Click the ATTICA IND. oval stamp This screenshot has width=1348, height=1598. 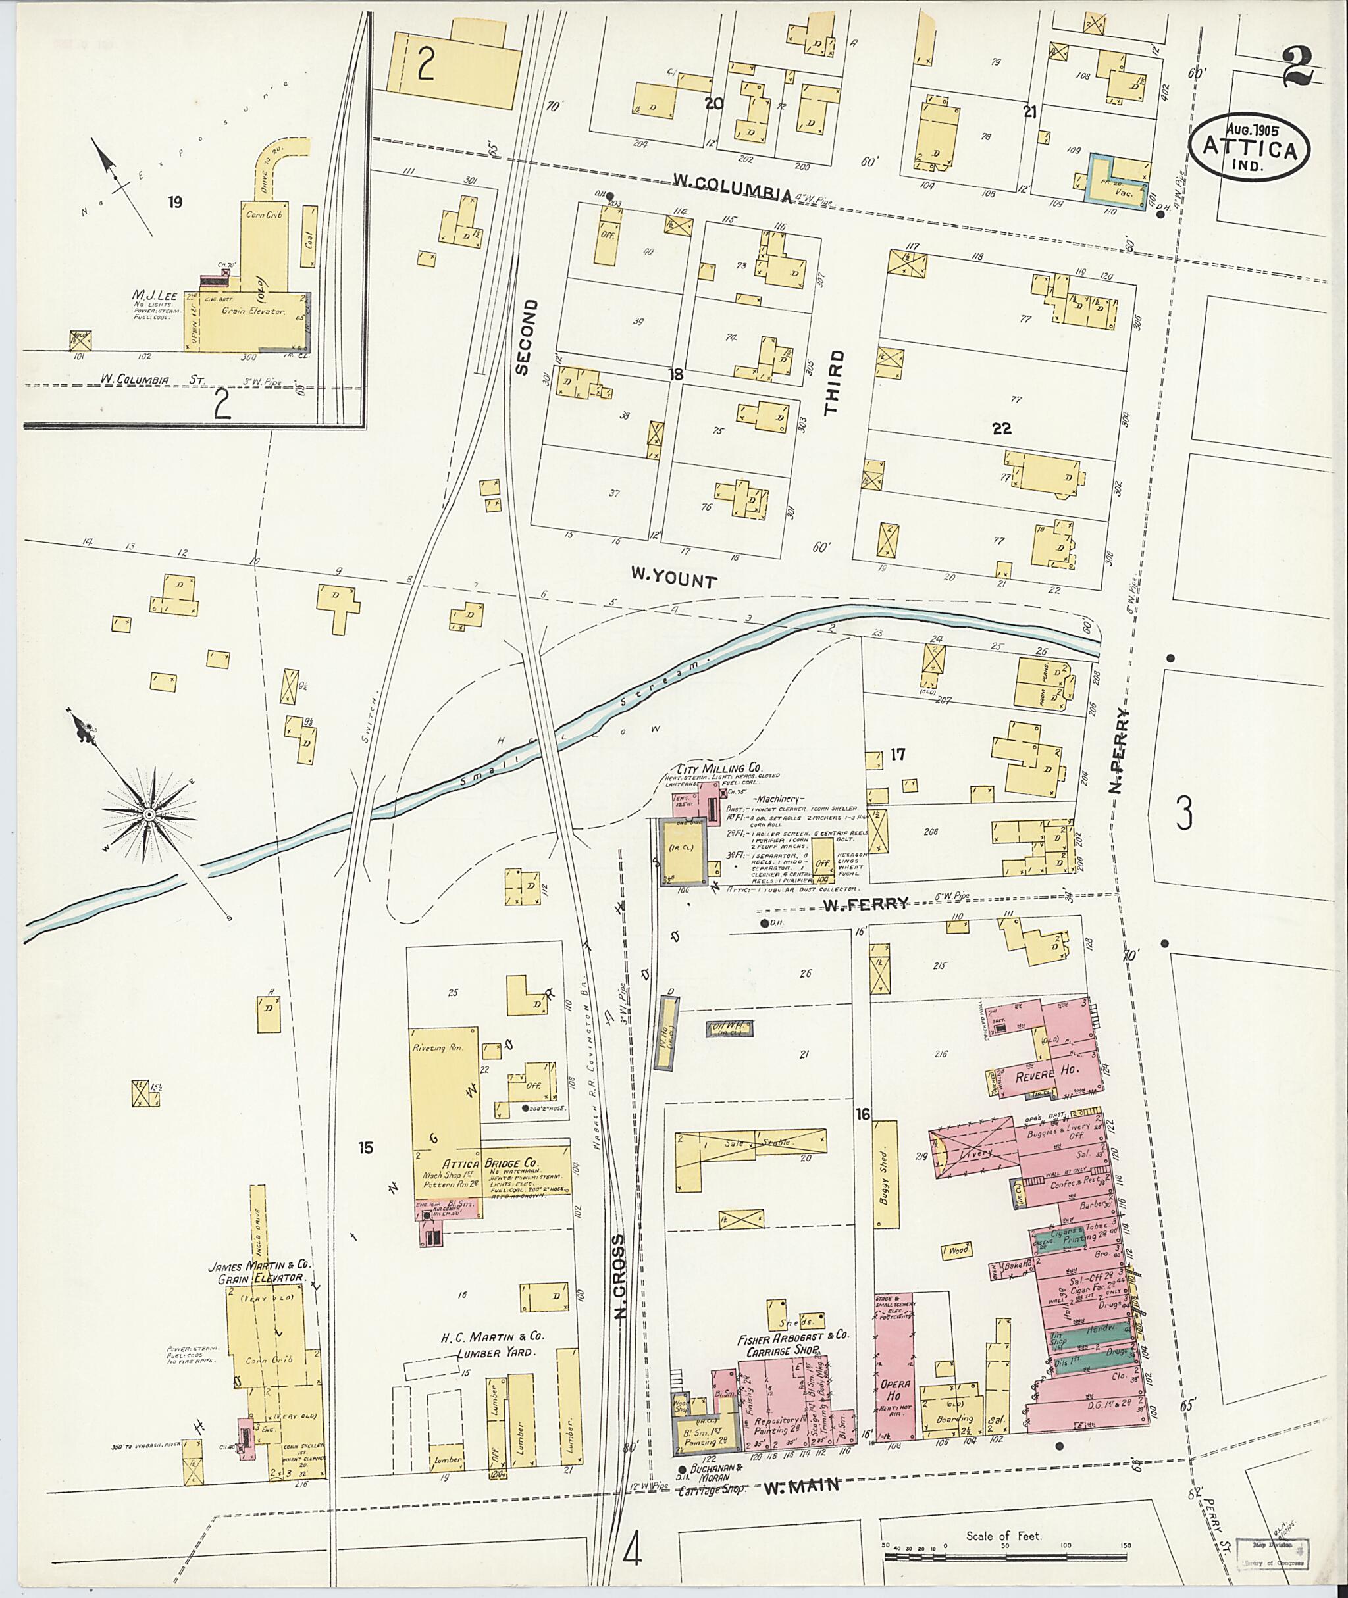1249,148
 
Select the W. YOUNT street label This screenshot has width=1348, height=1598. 673,579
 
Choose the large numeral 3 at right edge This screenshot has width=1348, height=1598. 1183,814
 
